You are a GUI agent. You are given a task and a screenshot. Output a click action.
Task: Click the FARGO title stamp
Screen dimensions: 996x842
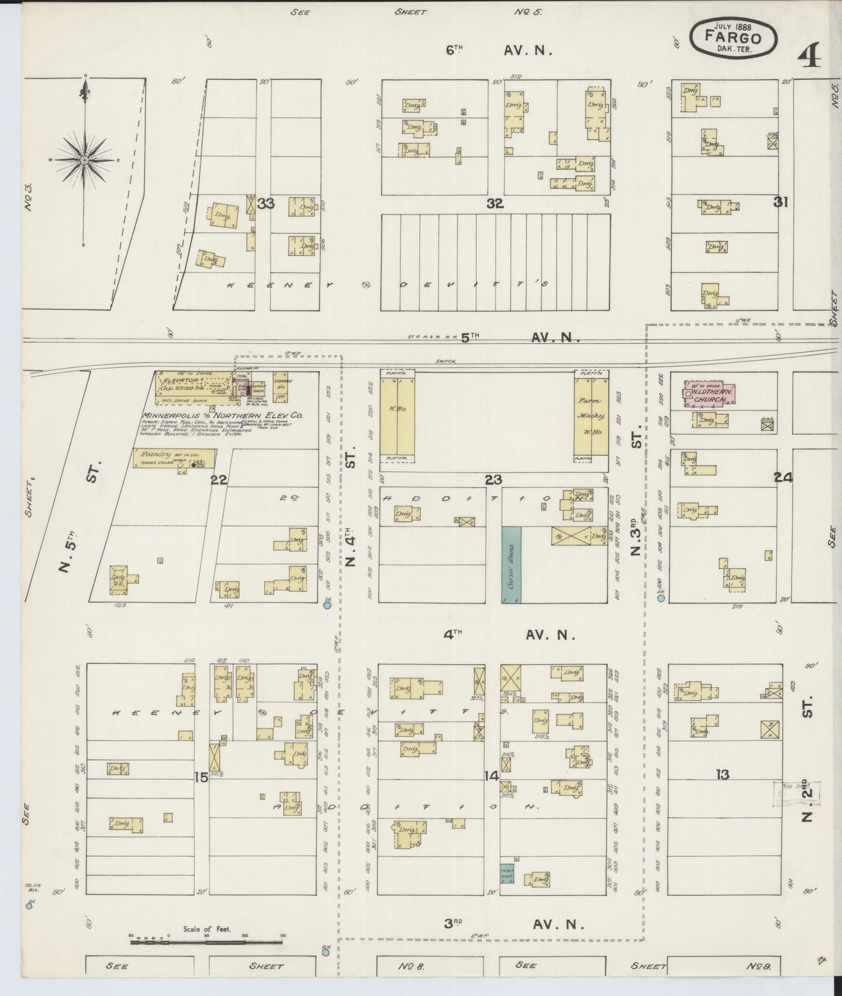coord(733,38)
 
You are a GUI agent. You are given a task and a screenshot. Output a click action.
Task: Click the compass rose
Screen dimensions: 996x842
coord(85,160)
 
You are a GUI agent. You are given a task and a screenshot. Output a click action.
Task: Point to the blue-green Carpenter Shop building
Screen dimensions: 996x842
coord(511,564)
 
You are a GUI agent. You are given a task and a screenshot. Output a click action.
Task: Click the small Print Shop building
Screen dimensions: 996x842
coord(506,873)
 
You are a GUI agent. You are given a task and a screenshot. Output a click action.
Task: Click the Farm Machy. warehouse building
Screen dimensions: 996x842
coord(591,416)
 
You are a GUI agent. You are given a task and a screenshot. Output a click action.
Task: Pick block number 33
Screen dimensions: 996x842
coord(266,203)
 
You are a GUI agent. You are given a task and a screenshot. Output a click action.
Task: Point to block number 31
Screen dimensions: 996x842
coord(780,202)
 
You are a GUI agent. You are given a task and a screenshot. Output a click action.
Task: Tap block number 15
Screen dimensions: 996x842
coord(201,776)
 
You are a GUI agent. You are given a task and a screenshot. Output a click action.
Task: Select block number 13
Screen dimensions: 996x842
coord(723,775)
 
